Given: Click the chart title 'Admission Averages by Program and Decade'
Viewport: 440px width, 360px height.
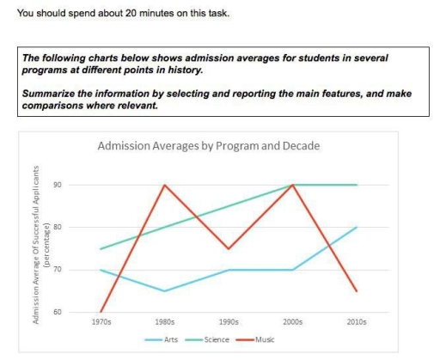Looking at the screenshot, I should [x=220, y=146].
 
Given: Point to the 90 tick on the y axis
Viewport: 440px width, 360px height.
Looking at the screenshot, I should [x=80, y=185].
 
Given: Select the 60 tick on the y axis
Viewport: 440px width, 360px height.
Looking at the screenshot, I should [x=80, y=312].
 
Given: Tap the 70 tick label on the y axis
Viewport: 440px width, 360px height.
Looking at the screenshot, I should [x=80, y=270].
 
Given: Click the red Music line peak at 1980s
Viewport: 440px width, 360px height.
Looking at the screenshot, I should [x=164, y=185].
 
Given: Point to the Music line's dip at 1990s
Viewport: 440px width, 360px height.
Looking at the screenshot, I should [x=229, y=248].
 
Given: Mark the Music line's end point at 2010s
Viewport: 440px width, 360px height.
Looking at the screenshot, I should [x=357, y=291].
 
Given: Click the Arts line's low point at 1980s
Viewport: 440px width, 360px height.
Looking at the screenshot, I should [x=164, y=291].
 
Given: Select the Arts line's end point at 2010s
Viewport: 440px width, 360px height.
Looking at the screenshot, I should [x=357, y=228].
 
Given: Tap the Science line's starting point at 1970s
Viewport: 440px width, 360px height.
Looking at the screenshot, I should [x=101, y=249].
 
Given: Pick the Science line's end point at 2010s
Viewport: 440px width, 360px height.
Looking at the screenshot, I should [x=357, y=185].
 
